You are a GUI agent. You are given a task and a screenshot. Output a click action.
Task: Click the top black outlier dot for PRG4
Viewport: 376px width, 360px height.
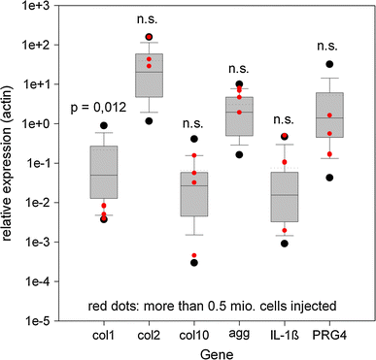coord(330,64)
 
